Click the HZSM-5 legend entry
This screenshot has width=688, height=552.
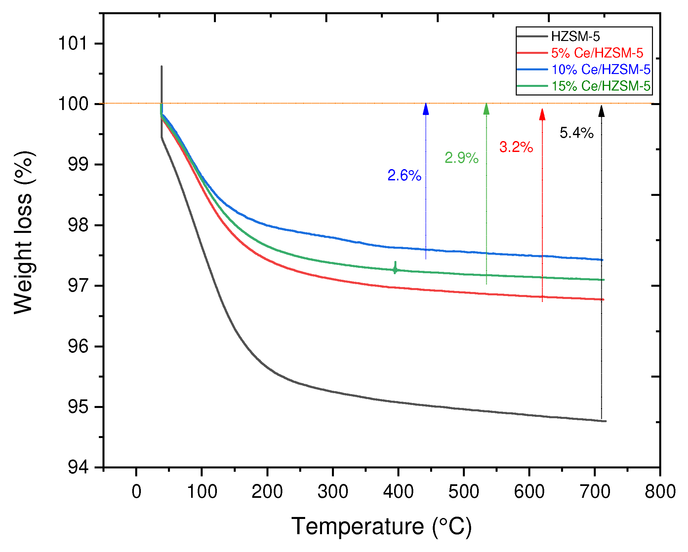point(575,37)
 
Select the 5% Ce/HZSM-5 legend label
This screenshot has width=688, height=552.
point(597,53)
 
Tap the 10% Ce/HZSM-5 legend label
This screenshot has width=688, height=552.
point(601,70)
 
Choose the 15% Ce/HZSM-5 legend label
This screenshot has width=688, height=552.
point(601,86)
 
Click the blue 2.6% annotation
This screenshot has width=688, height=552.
point(404,175)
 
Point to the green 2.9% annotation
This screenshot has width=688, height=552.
point(462,158)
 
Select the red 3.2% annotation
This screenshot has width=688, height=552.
point(516,147)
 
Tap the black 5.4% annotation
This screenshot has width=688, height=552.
point(577,133)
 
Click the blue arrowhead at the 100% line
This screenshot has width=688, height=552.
point(426,109)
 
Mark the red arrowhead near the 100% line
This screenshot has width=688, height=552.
point(542,114)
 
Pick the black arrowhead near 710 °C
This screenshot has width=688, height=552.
point(601,111)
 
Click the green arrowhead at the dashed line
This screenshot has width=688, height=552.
point(486,109)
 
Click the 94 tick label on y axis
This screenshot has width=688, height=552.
point(78,467)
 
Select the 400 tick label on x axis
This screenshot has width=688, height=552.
point(398,491)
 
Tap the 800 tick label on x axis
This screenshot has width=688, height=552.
point(660,491)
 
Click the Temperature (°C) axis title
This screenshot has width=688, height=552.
point(382,527)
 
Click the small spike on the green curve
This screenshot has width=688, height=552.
point(395,267)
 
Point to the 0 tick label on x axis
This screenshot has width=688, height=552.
point(136,491)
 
